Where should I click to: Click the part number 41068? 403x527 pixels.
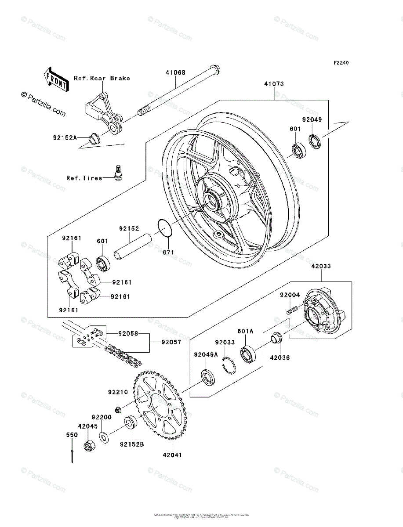175,72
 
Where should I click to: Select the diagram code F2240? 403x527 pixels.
341,63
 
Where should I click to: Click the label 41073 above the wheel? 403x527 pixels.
274,84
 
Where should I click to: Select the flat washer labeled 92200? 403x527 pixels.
104,437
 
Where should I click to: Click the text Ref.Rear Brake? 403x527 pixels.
102,79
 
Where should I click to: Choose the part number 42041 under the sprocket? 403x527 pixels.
173,455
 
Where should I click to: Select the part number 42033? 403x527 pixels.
322,266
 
